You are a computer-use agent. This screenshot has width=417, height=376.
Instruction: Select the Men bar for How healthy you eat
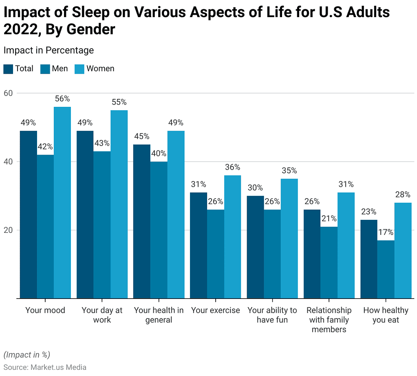386,269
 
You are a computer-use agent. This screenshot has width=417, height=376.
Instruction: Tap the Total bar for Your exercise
199,245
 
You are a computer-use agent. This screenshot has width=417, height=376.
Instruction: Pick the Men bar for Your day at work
102,225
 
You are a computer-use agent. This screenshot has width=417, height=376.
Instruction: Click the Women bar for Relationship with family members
346,245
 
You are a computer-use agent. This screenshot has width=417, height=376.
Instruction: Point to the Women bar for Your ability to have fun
289,239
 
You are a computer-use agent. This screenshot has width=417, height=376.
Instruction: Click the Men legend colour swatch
45,69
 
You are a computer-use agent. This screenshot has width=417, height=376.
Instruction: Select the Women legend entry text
100,69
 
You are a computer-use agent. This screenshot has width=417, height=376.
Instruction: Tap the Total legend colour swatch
8,69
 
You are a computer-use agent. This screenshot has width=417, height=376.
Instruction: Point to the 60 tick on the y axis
9,93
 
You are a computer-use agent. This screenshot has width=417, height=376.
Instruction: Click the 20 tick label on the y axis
9,230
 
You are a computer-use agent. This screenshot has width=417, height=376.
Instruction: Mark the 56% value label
62,99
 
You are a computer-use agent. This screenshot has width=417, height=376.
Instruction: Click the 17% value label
386,232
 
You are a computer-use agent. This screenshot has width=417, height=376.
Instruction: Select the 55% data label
119,102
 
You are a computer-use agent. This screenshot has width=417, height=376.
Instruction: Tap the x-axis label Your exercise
216,310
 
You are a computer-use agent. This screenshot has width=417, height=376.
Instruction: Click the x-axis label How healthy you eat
386,315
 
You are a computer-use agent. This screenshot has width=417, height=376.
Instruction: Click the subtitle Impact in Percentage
49,50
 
